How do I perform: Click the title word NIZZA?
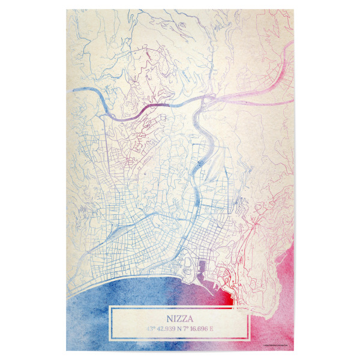179,319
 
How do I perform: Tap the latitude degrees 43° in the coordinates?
150,329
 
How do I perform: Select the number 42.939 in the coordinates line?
170,329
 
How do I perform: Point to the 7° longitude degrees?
197,329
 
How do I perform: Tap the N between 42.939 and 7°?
187,329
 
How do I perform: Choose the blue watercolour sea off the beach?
90,312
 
